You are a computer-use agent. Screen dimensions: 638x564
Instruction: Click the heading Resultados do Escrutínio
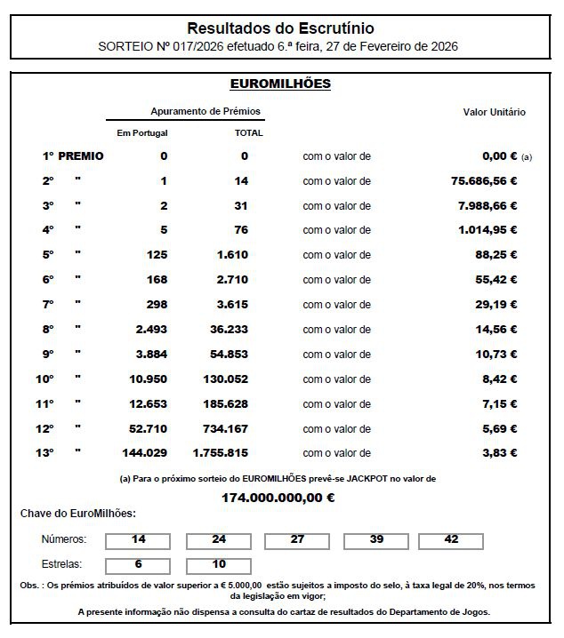280,28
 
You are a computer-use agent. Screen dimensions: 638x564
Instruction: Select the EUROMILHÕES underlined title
280,84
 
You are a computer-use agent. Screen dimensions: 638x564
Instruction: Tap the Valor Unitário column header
494,113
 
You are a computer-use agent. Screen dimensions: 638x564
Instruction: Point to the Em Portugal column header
142,133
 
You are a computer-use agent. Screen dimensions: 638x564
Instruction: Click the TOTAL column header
248,133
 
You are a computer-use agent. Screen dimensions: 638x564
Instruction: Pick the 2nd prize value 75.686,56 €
484,181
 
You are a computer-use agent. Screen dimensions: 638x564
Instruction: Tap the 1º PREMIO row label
73,156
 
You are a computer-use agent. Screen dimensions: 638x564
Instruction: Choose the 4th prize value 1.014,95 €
484,230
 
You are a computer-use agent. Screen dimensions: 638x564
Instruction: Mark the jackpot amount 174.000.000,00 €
278,498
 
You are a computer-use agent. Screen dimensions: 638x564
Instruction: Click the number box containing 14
138,539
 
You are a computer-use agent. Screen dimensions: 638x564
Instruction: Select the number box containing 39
376,539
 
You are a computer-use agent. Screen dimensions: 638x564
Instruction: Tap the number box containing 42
451,539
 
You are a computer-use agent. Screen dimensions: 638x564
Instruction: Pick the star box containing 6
138,565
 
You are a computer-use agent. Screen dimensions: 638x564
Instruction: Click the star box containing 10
218,565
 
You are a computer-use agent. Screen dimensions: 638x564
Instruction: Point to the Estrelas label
62,564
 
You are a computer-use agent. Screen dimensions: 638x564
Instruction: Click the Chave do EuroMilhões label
78,514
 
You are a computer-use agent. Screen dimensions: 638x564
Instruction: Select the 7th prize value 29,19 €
497,303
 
